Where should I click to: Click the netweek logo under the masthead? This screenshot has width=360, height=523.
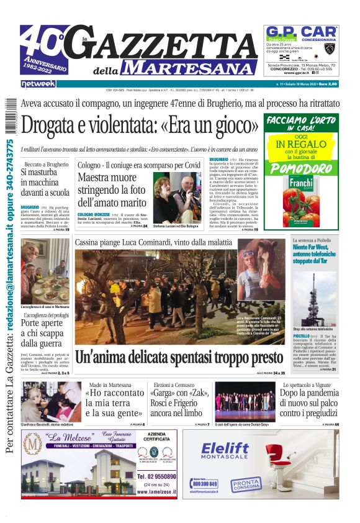point(38,83)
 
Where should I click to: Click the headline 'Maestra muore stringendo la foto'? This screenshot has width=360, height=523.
point(112,191)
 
